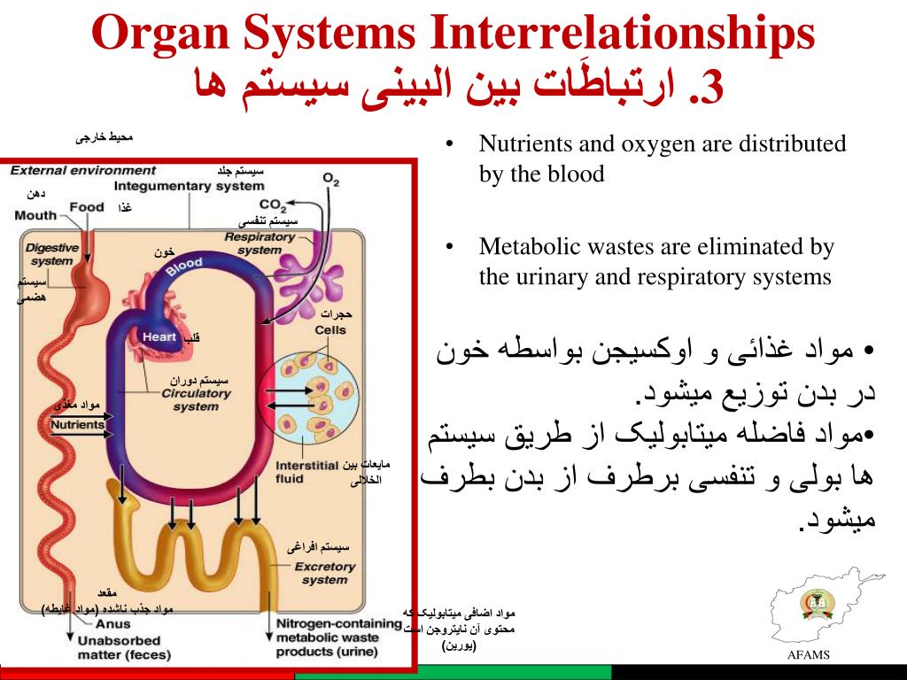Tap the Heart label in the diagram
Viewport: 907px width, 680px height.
159,336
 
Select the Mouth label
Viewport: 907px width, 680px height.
35,215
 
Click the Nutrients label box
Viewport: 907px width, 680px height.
77,424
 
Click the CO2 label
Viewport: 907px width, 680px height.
273,205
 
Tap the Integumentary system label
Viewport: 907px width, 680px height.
189,186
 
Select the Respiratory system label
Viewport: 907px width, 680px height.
260,243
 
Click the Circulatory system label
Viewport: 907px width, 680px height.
196,400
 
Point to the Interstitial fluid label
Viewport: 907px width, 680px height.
307,472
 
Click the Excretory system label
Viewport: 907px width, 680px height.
324,573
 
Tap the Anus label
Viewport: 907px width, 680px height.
92,623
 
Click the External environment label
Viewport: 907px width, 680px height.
83,170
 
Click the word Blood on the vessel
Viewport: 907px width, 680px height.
185,267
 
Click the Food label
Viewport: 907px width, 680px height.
87,207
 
